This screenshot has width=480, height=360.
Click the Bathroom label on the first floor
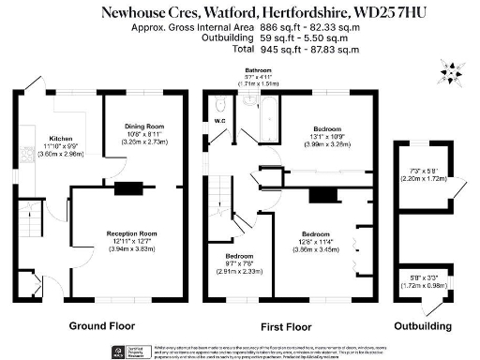[260, 70]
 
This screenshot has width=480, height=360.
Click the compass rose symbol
[449, 72]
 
